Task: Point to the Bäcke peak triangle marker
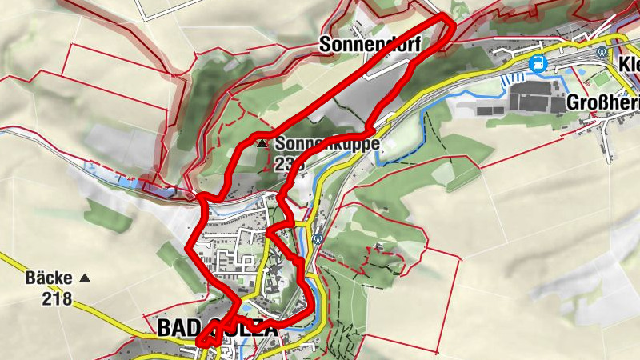[85, 278]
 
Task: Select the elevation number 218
[58, 299]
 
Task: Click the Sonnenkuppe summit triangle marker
[262, 145]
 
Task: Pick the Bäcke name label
[48, 278]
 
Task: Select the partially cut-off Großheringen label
[602, 102]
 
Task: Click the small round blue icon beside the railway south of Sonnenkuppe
[318, 238]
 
